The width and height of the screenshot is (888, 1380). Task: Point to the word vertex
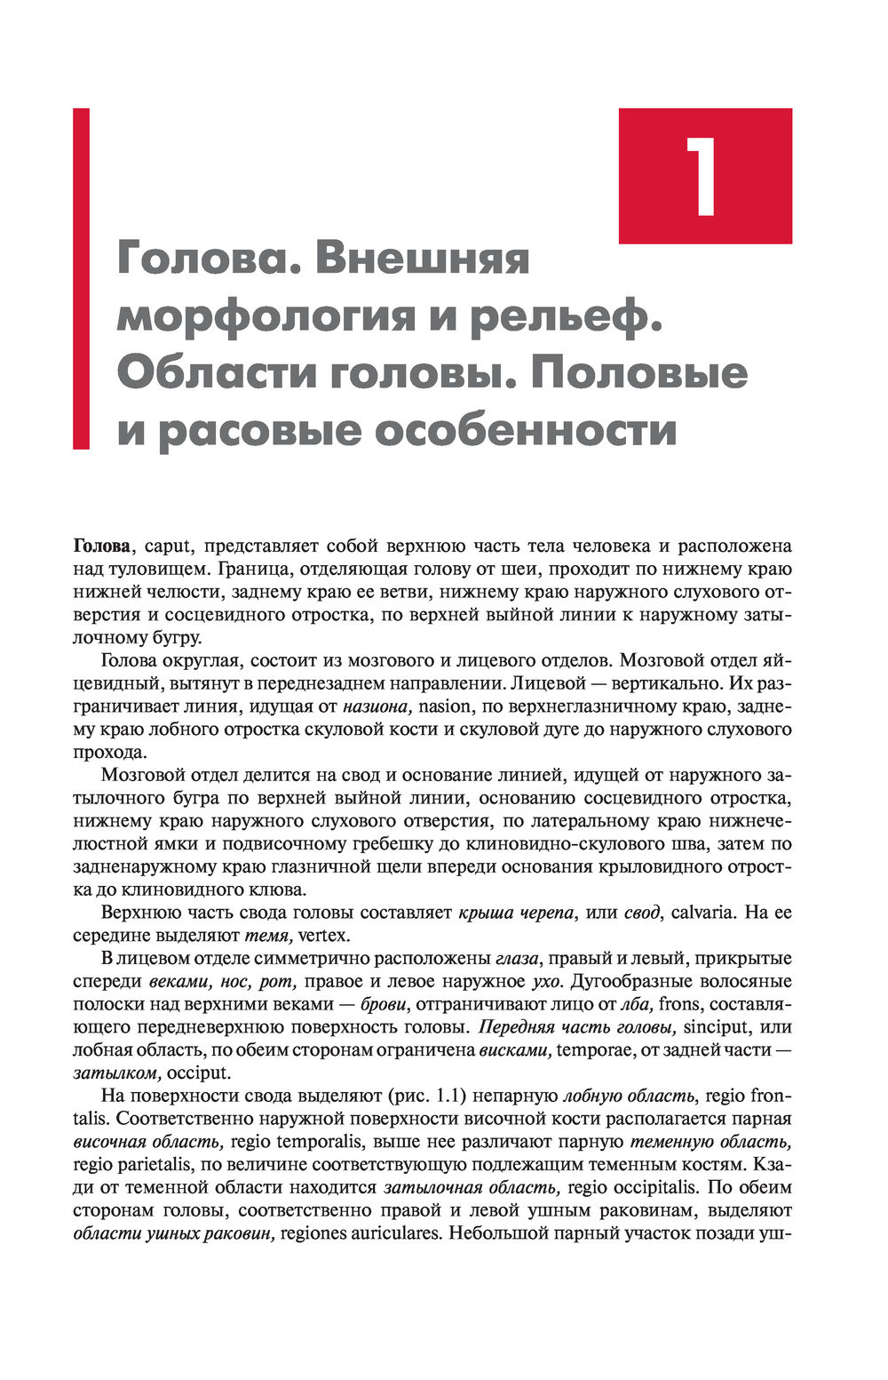pyautogui.click(x=325, y=935)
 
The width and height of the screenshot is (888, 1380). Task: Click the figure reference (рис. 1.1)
pyautogui.click(x=425, y=1096)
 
